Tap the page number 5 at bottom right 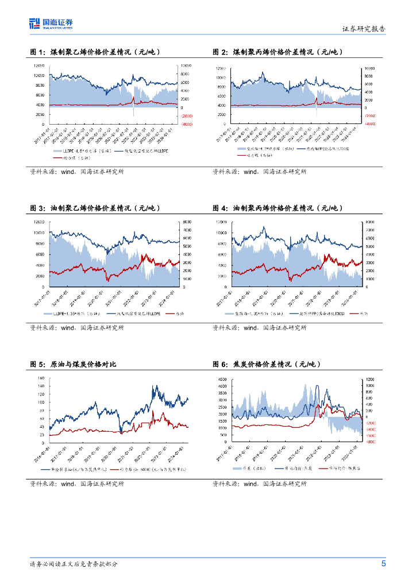(383, 563)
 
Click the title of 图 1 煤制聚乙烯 (95, 52)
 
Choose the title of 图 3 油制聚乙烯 (95, 208)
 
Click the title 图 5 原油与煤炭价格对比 (73, 364)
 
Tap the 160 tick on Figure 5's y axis (41, 378)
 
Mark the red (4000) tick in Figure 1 (187, 124)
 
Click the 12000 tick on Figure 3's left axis (39, 222)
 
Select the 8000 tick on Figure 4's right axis (370, 222)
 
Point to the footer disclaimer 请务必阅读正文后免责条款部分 (74, 564)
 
